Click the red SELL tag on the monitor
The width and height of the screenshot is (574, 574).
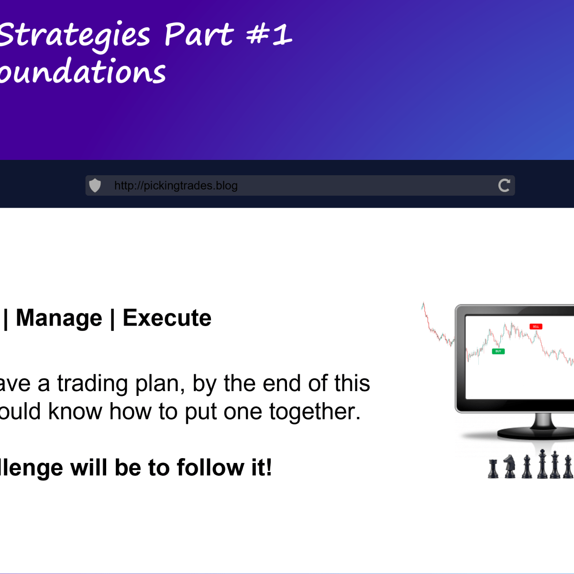point(536,326)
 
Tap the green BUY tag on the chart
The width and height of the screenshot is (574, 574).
point(498,351)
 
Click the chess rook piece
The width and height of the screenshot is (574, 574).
point(493,469)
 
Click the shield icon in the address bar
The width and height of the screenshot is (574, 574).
point(95,185)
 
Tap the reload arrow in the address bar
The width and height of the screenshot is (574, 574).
point(504,185)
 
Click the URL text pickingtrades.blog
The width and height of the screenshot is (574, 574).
point(176,186)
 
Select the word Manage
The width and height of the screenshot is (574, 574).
point(59,318)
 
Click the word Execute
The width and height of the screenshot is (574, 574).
point(167,318)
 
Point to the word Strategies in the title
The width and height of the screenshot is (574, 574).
point(74,36)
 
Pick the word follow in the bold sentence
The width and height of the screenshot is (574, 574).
point(210,468)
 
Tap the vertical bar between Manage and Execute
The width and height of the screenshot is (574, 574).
point(112,318)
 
